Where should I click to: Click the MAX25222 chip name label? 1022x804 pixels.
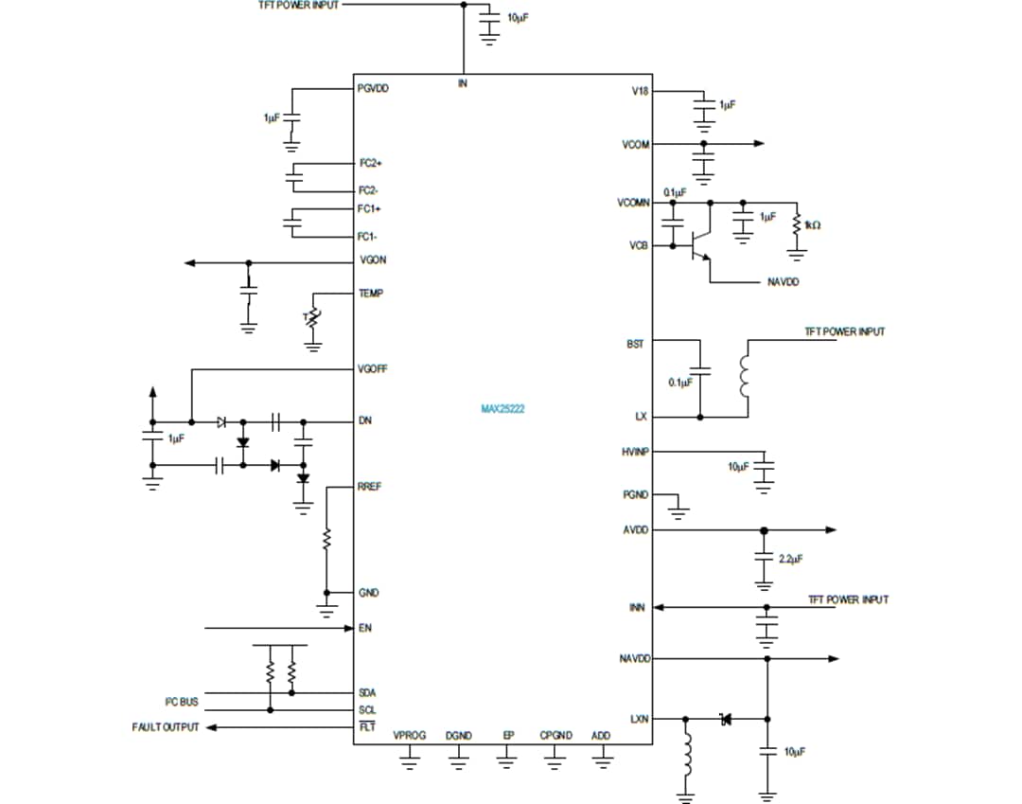point(502,410)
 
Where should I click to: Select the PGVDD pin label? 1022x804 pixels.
point(373,88)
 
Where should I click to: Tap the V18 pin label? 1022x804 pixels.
point(639,92)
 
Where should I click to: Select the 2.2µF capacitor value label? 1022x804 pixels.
point(790,560)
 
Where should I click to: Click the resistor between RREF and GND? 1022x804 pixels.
point(326,540)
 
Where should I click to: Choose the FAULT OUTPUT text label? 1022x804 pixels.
point(166,727)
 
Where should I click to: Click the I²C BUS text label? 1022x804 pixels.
point(182,702)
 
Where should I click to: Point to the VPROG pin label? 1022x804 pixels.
point(409,736)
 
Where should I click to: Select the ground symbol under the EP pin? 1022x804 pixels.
point(506,758)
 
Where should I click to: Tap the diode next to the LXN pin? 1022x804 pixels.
point(726,719)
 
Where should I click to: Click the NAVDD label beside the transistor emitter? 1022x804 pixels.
point(783,282)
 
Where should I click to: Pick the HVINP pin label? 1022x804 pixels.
point(636,453)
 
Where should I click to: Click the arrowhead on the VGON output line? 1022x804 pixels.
point(190,262)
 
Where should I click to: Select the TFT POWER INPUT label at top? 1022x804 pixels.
point(298,6)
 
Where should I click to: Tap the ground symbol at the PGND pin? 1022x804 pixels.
point(678,512)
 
